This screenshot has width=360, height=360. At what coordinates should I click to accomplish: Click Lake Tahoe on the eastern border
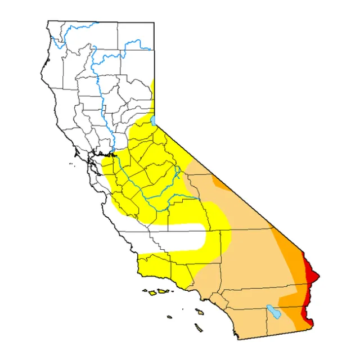[x=153, y=121]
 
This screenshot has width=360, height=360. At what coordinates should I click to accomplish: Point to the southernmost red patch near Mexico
[x=307, y=320]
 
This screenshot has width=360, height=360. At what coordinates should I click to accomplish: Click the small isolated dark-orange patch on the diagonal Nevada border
[x=219, y=183]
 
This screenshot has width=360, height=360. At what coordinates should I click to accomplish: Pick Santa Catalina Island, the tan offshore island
[x=200, y=310]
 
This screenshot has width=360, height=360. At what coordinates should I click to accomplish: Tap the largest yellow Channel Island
[x=163, y=291]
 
